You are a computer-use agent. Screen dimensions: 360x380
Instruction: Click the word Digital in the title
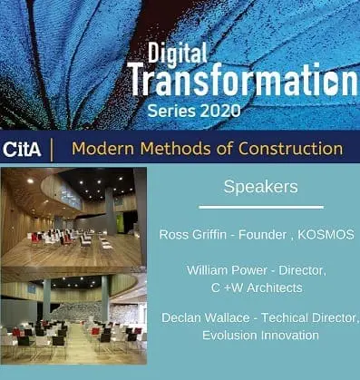pos(177,54)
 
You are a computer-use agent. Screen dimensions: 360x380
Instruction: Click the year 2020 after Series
pos(219,111)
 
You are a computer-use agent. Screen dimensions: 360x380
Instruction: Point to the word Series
pos(171,111)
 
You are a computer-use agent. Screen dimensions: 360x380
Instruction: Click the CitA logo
pos(22,149)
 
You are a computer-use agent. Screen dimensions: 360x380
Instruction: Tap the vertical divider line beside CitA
pos(52,150)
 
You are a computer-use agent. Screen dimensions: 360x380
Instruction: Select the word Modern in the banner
pos(103,149)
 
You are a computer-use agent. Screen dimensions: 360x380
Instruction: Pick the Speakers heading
pos(260,188)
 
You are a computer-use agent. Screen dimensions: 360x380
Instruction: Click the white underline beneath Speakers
pos(261,207)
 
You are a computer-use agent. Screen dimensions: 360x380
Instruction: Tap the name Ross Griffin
pos(193,235)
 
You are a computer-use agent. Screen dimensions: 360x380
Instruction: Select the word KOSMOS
pos(326,235)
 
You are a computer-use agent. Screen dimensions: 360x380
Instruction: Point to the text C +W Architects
pos(257,287)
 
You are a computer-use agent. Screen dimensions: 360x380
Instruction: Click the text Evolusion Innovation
pos(260,336)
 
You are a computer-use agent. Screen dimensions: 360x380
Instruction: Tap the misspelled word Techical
pos(285,317)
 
